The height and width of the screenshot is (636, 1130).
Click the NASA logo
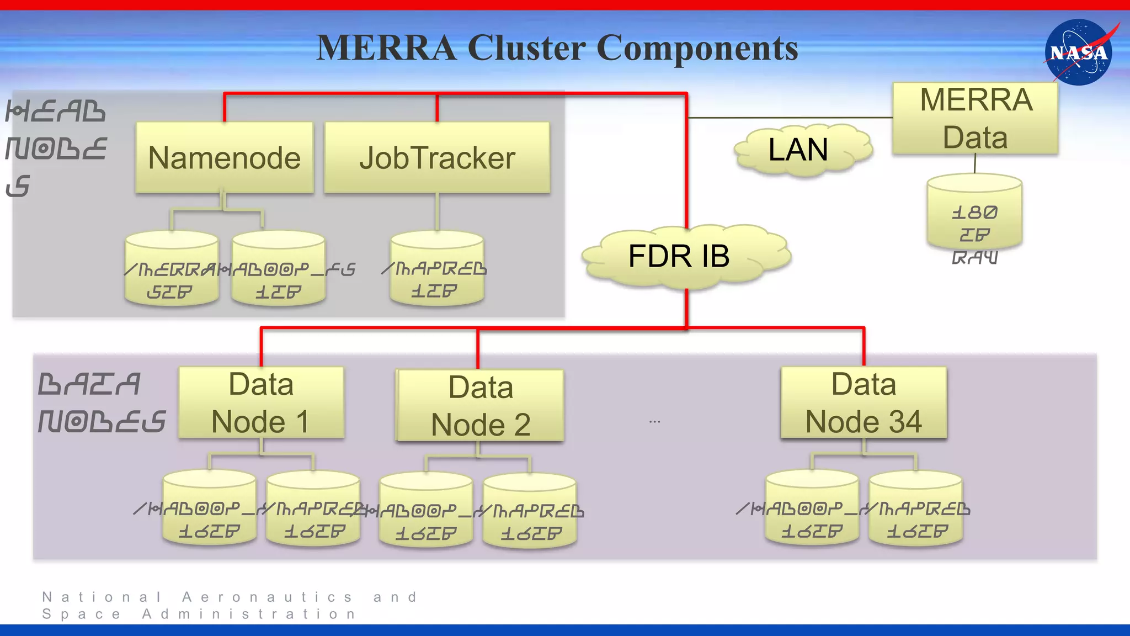click(1079, 52)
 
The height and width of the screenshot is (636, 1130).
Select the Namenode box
click(225, 158)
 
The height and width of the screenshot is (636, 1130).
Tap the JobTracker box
click(437, 158)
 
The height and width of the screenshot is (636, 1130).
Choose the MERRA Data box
click(975, 119)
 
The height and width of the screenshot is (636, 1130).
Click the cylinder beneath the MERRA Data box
click(974, 213)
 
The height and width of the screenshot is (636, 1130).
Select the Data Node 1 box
click(261, 403)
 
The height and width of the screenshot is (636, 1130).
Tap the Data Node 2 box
click(480, 406)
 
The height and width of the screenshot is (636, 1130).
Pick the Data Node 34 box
click(864, 403)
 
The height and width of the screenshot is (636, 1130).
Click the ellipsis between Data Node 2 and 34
click(654, 422)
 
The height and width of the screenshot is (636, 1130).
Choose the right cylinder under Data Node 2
click(530, 511)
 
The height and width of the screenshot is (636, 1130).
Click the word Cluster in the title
click(526, 48)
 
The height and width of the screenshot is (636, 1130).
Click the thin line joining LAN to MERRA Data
click(789, 118)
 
